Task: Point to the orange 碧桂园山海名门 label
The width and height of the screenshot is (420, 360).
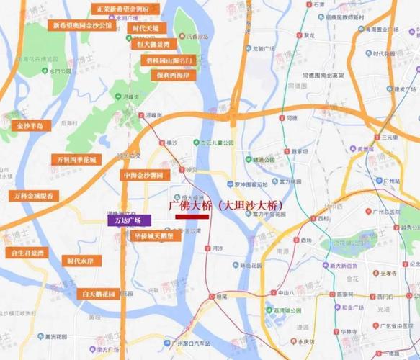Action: tap(166, 60)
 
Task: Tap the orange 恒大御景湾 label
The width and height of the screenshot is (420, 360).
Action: tap(153, 43)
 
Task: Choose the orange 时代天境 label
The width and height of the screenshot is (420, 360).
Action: tap(149, 27)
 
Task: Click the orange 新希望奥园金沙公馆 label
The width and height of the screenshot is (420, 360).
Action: tap(82, 24)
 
